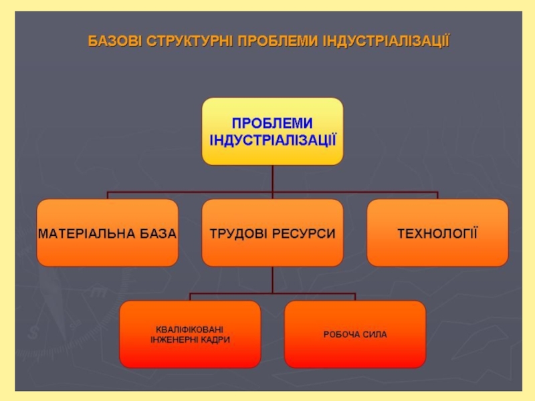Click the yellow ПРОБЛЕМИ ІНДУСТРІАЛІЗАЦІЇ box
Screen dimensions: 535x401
point(272,131)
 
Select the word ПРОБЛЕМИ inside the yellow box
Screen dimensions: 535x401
point(272,124)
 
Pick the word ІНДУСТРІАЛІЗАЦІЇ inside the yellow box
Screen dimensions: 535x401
point(272,140)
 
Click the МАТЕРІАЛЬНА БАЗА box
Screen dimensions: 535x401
point(107,233)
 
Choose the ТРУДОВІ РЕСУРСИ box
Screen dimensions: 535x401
point(272,233)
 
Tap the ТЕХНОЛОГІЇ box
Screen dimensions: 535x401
point(437,233)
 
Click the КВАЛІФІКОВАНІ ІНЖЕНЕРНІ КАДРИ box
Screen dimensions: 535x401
point(190,334)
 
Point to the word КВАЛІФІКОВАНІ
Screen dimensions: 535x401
point(190,329)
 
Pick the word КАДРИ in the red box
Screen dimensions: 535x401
point(215,340)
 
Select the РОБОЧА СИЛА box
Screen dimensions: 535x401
point(355,334)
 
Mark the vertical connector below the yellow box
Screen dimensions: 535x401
point(272,179)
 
